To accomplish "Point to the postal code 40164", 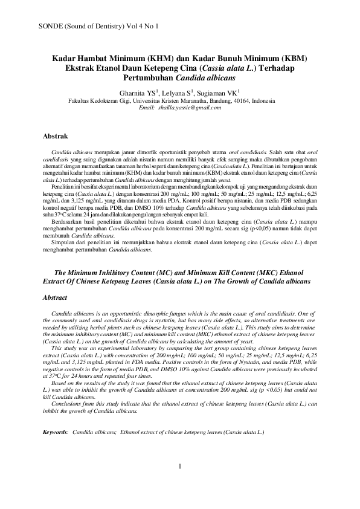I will tap(243, 101).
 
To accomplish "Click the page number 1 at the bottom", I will tap(180, 481).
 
